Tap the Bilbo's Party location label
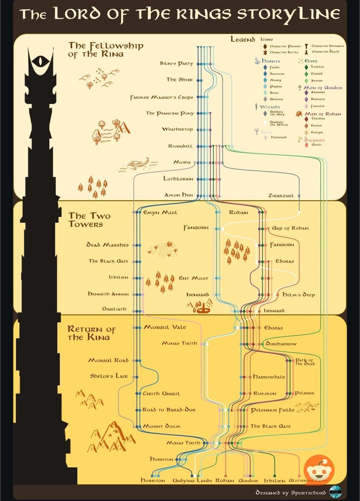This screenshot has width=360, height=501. tap(177, 64)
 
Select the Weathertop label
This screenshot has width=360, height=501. tap(177, 129)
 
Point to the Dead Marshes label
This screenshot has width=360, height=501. tap(108, 245)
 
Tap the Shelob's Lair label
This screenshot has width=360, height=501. tap(109, 376)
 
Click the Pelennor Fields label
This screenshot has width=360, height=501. tap(272, 410)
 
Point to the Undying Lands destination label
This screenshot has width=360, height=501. tap(193, 481)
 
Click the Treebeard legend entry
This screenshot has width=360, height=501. tap(278, 137)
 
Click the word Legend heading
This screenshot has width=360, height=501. tap(243, 40)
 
